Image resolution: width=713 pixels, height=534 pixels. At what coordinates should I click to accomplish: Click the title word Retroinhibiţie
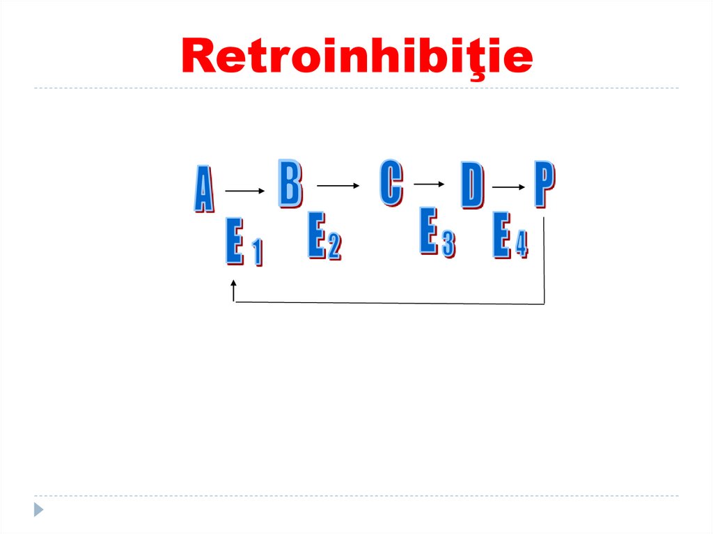coord(356,57)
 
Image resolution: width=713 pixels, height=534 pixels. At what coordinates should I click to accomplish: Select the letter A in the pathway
coord(203,189)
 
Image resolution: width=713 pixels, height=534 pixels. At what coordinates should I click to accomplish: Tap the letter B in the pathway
coord(290,183)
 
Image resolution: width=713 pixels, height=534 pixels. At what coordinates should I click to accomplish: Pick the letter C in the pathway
coord(391,182)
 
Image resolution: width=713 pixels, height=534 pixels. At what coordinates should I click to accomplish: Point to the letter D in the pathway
coord(472,186)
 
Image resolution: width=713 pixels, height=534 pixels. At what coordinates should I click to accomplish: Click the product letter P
coord(544,184)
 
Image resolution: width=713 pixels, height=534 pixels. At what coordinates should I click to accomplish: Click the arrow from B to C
coord(338,185)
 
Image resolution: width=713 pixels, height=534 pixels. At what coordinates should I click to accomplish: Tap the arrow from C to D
coord(429,184)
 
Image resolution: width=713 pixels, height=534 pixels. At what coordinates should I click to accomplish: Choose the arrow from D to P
coord(509,187)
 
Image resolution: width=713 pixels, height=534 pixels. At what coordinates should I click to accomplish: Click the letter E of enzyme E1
coord(234,241)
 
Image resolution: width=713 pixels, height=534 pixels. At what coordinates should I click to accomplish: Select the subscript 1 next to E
coord(257,253)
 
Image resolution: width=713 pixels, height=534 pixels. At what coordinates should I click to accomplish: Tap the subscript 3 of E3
coord(448,244)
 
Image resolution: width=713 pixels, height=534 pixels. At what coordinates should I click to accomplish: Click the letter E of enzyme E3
coord(428,232)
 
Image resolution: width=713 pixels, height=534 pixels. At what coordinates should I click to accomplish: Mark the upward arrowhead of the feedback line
coord(234,285)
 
